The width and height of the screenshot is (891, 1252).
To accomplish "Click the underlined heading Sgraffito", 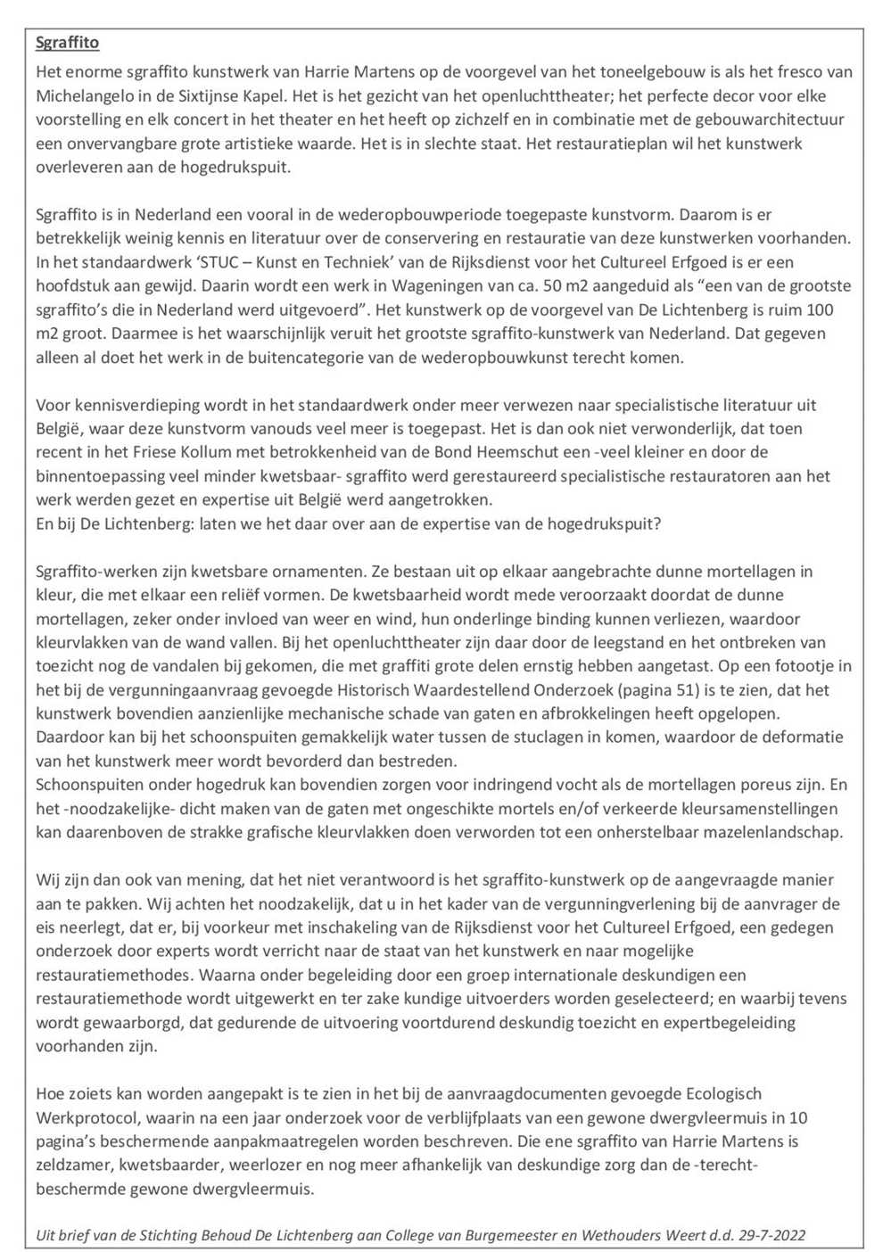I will click(68, 43).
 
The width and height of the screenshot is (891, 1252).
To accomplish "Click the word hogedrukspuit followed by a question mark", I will click(611, 523).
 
